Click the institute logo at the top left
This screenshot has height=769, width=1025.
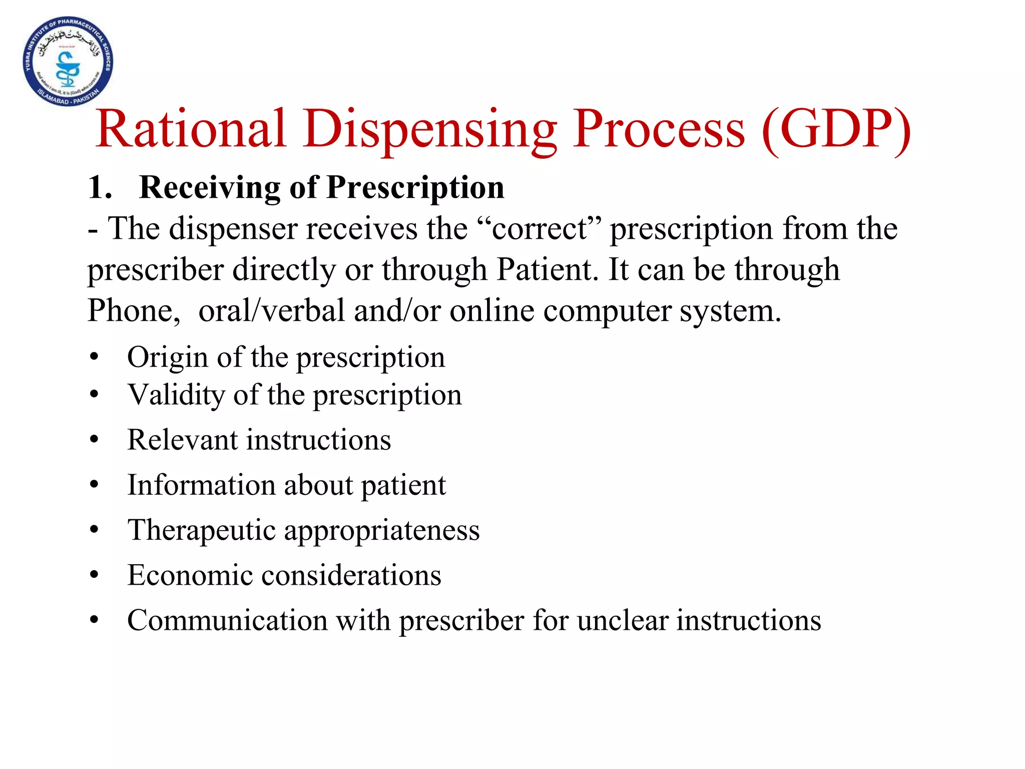coord(68,62)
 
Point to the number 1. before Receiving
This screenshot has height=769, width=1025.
coord(100,188)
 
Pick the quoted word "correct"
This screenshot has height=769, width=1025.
coord(539,229)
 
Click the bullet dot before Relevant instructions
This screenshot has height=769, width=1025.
coord(94,440)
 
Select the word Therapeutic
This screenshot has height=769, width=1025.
coord(201,531)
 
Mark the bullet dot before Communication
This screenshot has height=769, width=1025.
coord(94,620)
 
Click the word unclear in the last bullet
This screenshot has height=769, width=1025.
coord(623,620)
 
